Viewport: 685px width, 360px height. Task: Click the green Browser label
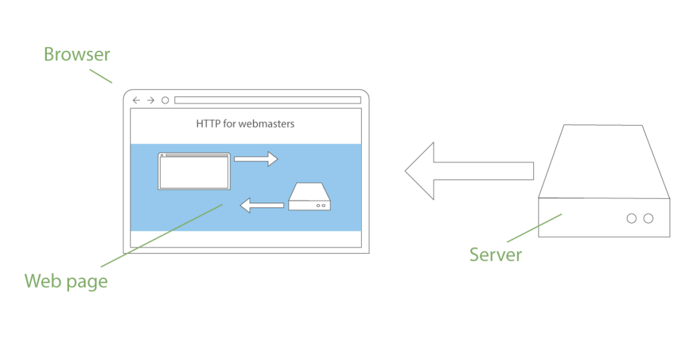click(77, 54)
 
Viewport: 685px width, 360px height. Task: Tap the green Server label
click(495, 254)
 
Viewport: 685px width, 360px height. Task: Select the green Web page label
click(66, 281)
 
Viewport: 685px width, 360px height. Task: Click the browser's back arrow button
click(136, 100)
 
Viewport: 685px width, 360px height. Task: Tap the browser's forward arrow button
click(151, 100)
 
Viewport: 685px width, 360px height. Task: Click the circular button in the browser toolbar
click(165, 100)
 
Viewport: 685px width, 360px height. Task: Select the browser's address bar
click(268, 100)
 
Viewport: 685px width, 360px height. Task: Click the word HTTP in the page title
click(207, 124)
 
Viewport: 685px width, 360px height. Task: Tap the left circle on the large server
click(631, 218)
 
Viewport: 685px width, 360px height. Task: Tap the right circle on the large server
click(648, 218)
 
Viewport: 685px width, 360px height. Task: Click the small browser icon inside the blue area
click(194, 172)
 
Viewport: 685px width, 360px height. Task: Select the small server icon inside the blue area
click(310, 198)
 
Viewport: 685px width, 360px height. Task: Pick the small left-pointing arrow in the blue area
click(262, 205)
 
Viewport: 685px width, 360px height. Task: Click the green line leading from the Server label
click(533, 228)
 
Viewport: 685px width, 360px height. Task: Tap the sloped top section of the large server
click(603, 161)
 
